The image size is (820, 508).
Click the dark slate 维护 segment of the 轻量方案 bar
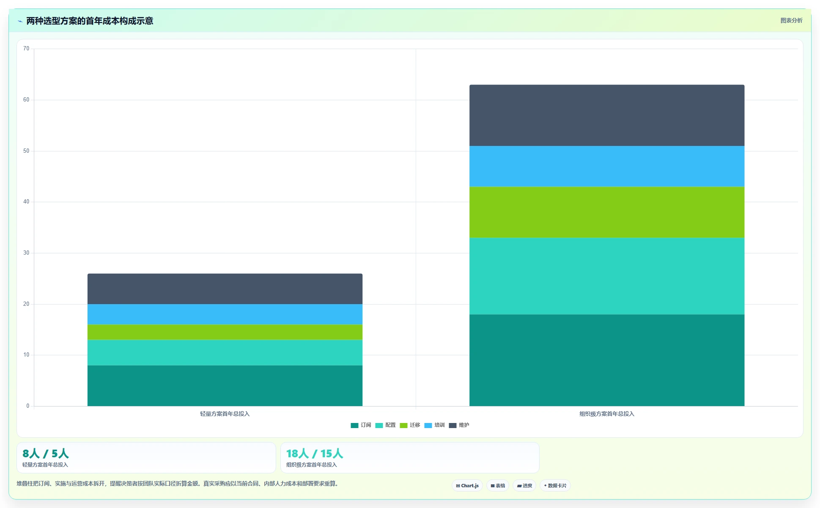[225, 289]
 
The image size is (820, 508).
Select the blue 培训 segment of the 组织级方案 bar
[607, 166]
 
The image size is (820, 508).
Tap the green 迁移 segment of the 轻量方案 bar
[225, 332]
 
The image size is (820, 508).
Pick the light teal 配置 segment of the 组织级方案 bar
[607, 276]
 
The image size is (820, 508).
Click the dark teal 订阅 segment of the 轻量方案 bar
[225, 386]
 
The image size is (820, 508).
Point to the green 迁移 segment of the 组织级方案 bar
[607, 212]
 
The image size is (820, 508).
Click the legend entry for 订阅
[361, 425]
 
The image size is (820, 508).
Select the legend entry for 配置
[385, 425]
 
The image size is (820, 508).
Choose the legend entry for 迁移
[410, 425]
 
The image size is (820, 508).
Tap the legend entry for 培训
[434, 425]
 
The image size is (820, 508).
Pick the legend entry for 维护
[459, 425]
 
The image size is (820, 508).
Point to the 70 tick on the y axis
[26, 49]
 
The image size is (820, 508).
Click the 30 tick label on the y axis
[26, 253]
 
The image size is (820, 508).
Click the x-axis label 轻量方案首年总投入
[225, 414]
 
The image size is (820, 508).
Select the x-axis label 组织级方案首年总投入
[607, 414]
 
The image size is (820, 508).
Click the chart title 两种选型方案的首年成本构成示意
[90, 21]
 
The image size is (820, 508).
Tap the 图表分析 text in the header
[791, 20]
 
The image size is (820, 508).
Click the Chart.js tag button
[467, 486]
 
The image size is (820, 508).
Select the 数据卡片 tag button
[555, 486]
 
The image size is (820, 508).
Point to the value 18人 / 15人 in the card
[315, 453]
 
